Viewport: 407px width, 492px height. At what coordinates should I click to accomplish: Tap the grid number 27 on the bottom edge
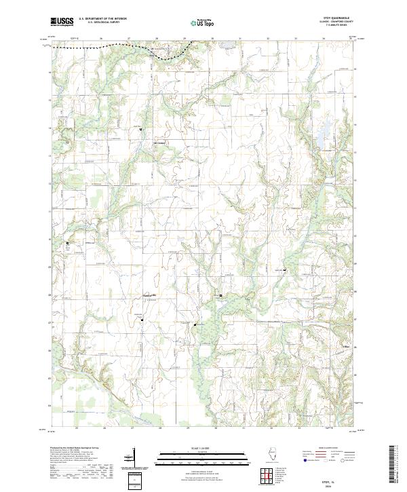click(x=133, y=429)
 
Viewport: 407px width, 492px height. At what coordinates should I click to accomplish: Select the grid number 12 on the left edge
click(x=50, y=183)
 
